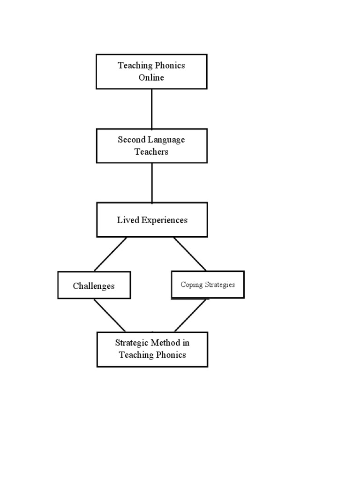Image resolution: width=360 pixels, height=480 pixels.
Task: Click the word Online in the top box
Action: pos(151,78)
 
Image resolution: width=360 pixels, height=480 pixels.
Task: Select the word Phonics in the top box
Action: pos(169,66)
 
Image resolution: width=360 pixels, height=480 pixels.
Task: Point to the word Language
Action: pos(166,140)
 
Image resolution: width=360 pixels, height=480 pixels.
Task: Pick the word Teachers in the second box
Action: pos(151,152)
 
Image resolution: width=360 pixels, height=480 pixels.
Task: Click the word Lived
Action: pos(128,220)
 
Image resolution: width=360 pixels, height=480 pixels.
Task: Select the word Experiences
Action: pos(164,220)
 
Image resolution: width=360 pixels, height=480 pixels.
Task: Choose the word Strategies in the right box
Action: pos(219,285)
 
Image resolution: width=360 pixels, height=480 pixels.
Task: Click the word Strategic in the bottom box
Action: pos(132,343)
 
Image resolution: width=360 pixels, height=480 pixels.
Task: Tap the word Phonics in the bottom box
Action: pos(169,355)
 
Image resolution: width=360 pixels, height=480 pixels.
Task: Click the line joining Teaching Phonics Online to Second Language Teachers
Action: pos(151,109)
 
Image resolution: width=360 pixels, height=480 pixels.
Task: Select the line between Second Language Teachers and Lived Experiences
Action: pos(151,183)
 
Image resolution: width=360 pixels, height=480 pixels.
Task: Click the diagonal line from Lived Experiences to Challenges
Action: pos(111,254)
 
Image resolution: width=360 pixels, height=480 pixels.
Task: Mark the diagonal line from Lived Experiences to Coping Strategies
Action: pos(190,254)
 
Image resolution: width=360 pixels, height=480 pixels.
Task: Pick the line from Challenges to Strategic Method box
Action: pos(110,315)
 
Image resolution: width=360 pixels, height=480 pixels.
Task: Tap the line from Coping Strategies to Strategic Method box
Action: pos(190,315)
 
